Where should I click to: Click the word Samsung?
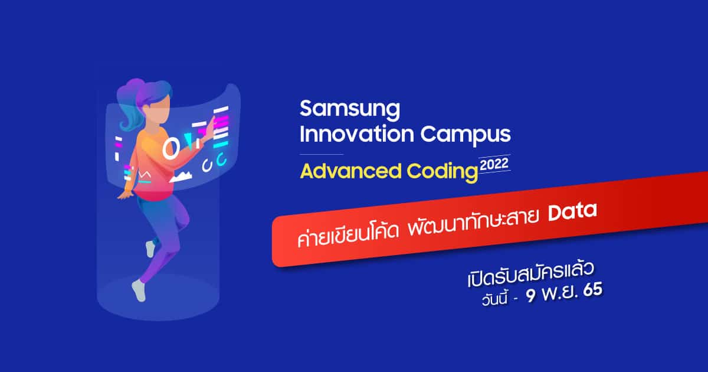click(x=350, y=110)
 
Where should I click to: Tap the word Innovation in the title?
click(x=357, y=134)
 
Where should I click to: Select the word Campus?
click(x=466, y=136)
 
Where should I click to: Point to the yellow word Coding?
click(x=442, y=172)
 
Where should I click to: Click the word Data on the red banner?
click(x=572, y=211)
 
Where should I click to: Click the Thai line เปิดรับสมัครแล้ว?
click(x=530, y=275)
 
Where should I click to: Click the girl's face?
click(x=159, y=110)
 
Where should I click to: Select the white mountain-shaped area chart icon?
click(x=181, y=176)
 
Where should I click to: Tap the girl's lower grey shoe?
click(x=139, y=290)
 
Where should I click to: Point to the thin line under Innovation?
click(x=322, y=154)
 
